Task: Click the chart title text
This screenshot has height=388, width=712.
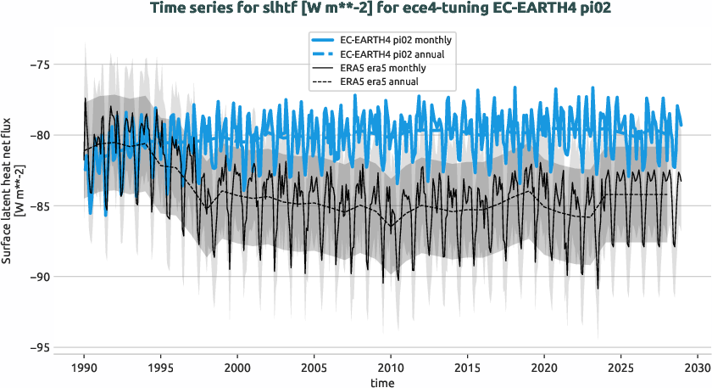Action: [355, 9]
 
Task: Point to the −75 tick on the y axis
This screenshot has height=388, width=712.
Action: [40, 65]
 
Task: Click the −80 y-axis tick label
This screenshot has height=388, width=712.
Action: [40, 135]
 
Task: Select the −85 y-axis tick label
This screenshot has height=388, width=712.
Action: [40, 206]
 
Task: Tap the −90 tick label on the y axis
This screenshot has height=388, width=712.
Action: [40, 277]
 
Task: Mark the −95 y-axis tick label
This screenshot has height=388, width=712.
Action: [40, 348]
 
